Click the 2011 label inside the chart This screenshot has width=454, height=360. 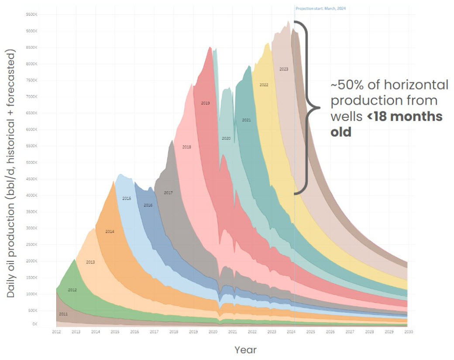63,314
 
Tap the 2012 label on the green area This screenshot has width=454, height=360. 72,290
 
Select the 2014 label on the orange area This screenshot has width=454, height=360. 110,231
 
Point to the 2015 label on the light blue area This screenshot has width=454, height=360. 127,199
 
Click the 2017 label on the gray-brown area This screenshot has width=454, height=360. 169,192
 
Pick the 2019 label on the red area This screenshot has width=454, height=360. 206,103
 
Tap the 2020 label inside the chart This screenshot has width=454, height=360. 226,138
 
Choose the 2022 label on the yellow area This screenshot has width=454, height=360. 264,85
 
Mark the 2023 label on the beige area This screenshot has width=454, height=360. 284,69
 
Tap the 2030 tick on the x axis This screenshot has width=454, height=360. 409,332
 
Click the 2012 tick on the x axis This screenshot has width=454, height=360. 56,332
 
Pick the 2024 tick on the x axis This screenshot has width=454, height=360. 291,332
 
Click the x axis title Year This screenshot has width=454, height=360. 245,350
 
